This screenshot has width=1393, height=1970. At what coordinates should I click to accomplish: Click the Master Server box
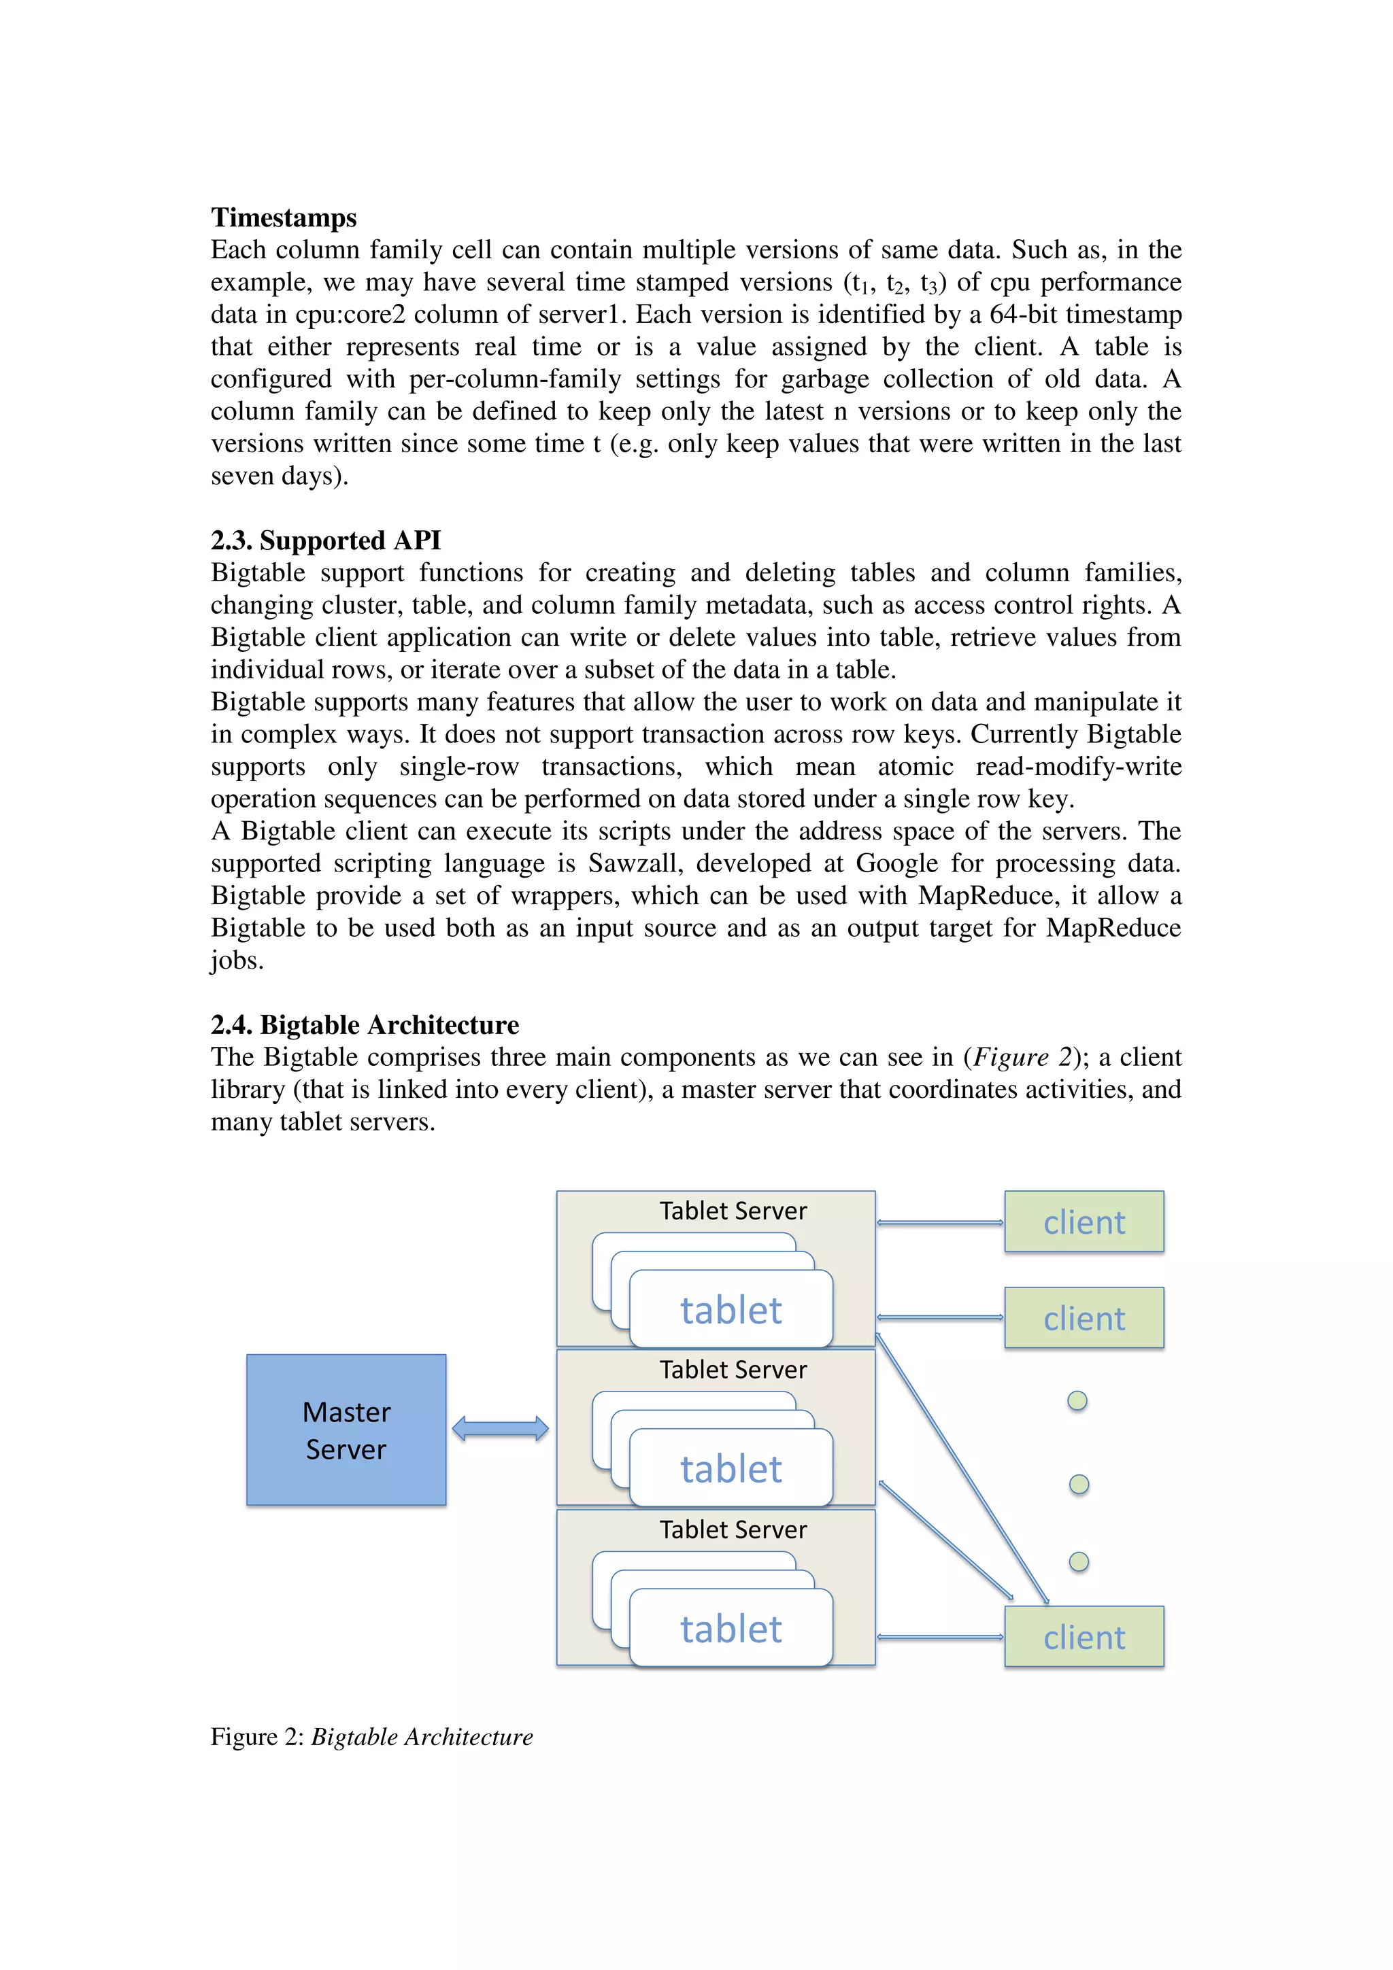click(346, 1430)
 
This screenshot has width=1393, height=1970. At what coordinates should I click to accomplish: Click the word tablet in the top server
click(731, 1310)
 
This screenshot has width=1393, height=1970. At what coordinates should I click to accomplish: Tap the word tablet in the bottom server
click(731, 1629)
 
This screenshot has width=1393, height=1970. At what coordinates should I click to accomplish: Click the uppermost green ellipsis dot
click(1077, 1401)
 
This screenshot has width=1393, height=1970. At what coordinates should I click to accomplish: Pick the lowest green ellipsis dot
click(1079, 1561)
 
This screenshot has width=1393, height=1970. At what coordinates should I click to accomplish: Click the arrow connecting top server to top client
click(940, 1223)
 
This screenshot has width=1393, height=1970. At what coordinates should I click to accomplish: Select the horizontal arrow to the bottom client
click(940, 1637)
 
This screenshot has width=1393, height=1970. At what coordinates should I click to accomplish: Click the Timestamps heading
click(283, 218)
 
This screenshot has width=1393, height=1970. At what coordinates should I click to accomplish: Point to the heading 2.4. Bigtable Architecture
click(365, 1024)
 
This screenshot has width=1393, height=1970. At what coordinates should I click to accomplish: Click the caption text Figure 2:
click(258, 1737)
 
